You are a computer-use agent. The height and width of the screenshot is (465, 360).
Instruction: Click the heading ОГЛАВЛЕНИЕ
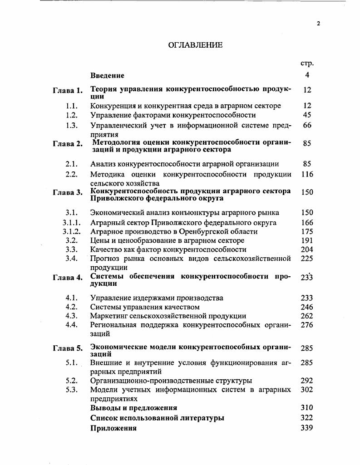click(195, 44)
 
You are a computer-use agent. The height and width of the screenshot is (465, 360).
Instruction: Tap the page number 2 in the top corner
click(318, 24)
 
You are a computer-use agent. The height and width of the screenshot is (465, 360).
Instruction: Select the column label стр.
click(307, 64)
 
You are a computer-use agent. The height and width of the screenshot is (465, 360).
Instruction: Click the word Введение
click(107, 75)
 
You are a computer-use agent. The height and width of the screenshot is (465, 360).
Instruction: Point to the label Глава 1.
click(68, 90)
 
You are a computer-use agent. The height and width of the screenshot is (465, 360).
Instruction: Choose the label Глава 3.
click(68, 192)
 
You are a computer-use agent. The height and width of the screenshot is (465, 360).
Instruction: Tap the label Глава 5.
click(68, 348)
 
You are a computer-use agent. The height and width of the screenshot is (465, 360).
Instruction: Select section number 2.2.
click(72, 174)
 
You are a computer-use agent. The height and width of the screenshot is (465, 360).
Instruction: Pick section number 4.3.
click(72, 316)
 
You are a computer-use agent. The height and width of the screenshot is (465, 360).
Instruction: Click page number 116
click(307, 174)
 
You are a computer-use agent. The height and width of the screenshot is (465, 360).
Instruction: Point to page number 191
click(307, 240)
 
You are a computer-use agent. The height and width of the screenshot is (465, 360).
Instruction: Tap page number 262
click(307, 316)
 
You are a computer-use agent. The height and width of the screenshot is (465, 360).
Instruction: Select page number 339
click(307, 428)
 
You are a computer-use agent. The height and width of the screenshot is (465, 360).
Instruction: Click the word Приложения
click(113, 428)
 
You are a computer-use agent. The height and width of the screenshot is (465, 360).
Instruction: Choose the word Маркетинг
click(109, 316)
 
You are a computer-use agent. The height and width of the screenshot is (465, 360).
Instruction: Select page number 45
click(307, 115)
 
